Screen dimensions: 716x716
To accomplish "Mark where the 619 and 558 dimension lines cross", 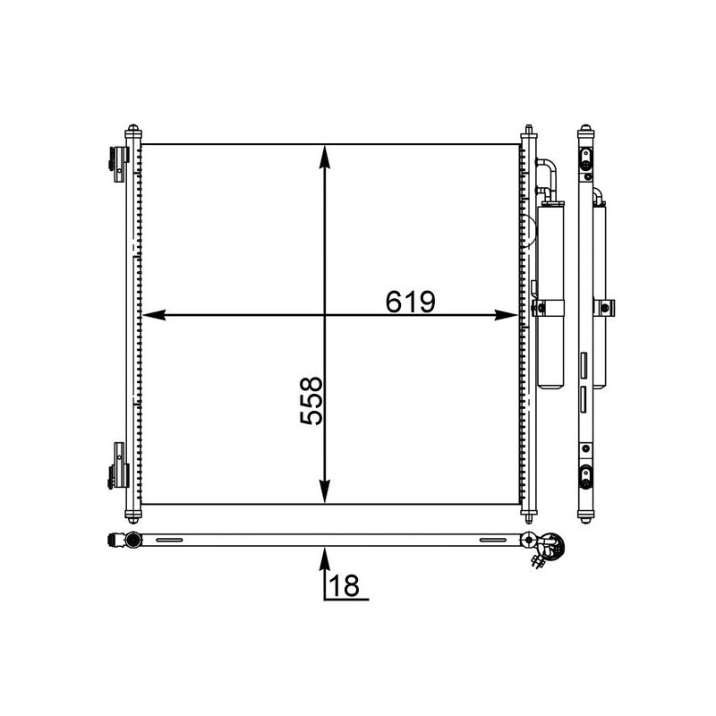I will pos(325,315).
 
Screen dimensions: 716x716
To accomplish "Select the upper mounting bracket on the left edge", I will pos(117,162).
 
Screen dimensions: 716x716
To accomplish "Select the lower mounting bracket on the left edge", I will pos(117,465).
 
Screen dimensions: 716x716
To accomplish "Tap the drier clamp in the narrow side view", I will pos(608,309).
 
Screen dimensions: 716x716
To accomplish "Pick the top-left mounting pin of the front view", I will pos(133,130).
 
